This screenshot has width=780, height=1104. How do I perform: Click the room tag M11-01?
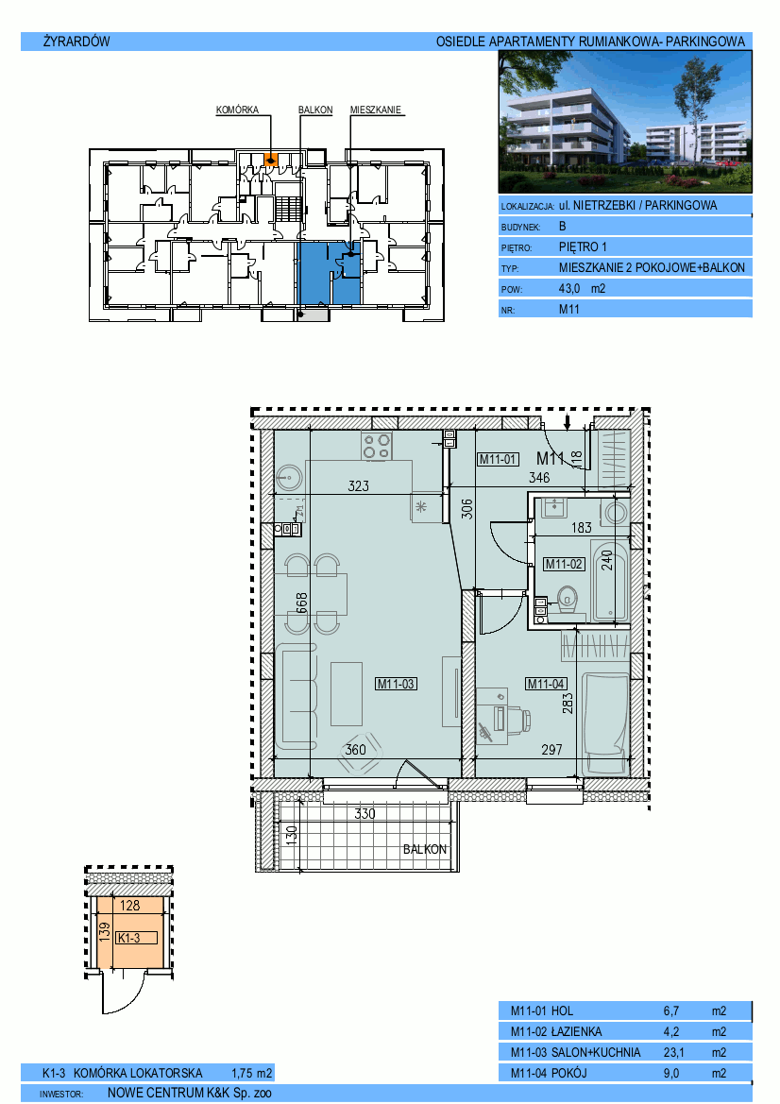point(498,459)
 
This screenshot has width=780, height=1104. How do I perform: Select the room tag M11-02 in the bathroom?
point(565,564)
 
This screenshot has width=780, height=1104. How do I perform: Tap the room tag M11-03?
point(397,683)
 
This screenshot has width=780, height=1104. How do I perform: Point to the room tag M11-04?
point(546,684)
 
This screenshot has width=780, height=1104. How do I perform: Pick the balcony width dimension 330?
point(365,813)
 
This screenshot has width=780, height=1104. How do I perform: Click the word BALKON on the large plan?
point(425,849)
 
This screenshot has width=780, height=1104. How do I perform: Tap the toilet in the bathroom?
point(568,599)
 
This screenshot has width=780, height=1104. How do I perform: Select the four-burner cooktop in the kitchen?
point(377,447)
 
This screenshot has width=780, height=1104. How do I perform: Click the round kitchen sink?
point(289,478)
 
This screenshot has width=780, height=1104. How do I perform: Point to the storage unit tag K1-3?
point(128,938)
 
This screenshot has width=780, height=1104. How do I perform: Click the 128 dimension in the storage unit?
point(130,907)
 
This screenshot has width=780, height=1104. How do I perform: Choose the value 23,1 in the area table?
point(673,1053)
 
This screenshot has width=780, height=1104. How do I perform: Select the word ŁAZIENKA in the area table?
point(576,1031)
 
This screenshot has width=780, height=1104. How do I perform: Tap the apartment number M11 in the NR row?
point(568,309)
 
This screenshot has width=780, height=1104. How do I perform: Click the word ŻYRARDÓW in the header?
point(76,41)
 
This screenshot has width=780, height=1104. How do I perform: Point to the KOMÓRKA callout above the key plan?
point(237,110)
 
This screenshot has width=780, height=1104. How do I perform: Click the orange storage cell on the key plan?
point(270,159)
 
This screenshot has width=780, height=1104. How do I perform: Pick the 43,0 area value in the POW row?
point(568,289)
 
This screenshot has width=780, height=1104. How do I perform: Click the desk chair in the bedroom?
point(522,718)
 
